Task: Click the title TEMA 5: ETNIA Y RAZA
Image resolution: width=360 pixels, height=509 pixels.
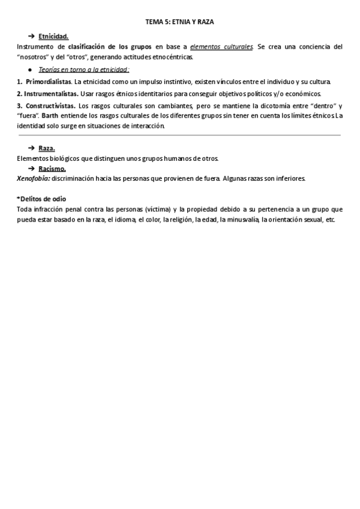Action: tap(180, 21)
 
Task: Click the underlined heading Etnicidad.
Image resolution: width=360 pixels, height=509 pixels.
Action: tap(53, 37)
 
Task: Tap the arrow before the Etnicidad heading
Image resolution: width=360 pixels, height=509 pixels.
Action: tap(31, 37)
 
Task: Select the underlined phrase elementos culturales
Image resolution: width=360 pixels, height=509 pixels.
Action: tap(221, 47)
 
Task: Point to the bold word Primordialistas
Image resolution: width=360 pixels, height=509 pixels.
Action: tap(48, 82)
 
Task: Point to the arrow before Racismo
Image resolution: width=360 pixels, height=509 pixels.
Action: tap(31, 169)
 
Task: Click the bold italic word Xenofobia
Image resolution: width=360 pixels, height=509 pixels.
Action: tap(34, 178)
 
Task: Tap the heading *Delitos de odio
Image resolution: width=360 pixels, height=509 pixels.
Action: tap(41, 199)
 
